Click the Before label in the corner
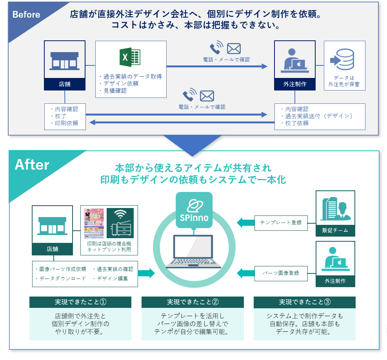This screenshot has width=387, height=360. (26, 15)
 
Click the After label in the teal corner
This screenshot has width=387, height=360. (32, 165)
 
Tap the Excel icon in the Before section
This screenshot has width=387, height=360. (130, 58)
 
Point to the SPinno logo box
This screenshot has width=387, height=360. (194, 210)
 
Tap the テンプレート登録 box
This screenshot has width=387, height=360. (281, 223)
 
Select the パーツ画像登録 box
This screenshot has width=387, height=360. (281, 273)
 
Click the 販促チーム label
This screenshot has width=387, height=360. (335, 230)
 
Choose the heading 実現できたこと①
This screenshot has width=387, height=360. (80, 302)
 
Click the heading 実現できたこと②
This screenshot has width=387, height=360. (193, 302)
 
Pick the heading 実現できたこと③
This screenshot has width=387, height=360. (305, 302)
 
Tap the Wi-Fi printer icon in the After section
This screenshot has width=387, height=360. (120, 223)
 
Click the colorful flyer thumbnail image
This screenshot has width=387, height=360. (94, 223)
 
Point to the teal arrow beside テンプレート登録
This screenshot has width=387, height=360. (245, 223)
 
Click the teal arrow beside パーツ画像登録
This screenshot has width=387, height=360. (245, 273)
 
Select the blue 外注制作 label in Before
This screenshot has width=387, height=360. (295, 84)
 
